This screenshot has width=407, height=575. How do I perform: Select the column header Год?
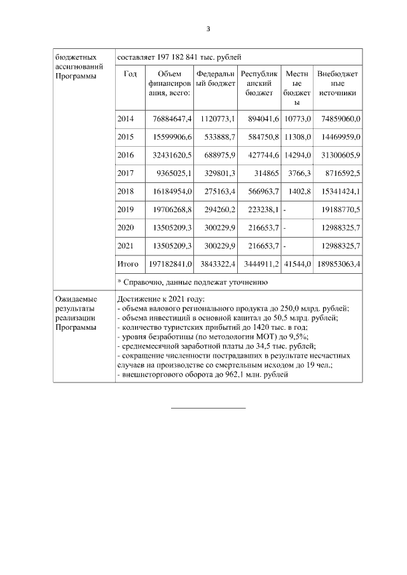(130, 74)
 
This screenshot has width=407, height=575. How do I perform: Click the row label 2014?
(126, 118)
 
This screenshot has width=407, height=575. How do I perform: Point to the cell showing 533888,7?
(219, 137)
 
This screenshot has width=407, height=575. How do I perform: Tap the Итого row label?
(128, 263)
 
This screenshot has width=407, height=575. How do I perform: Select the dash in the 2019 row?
(285, 209)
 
